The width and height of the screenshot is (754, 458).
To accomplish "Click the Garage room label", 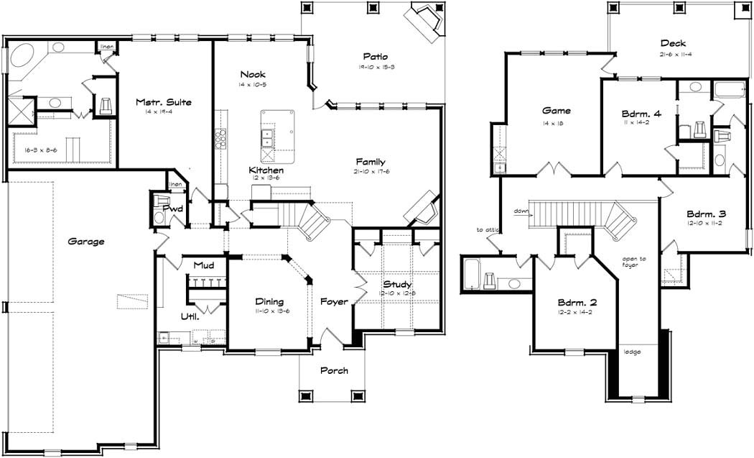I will click(x=86, y=242).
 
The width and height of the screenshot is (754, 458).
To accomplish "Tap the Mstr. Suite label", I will click(x=164, y=102).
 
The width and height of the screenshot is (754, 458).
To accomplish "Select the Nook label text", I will click(x=253, y=74).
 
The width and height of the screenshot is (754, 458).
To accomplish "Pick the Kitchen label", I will click(x=266, y=170).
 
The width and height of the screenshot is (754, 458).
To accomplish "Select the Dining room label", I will click(x=269, y=302).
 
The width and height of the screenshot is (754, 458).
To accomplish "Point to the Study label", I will click(x=397, y=285).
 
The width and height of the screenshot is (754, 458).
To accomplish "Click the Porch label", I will click(x=335, y=371).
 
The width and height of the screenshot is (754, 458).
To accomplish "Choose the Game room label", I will click(x=556, y=111).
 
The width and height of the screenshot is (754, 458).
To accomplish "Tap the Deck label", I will click(x=673, y=44).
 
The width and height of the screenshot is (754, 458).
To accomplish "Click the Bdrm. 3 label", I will click(x=706, y=214).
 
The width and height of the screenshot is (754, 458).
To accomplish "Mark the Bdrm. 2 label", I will click(x=577, y=302).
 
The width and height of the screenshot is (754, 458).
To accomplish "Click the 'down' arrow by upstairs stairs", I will click(x=521, y=211).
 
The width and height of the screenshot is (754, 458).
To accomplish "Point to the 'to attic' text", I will click(x=486, y=230).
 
